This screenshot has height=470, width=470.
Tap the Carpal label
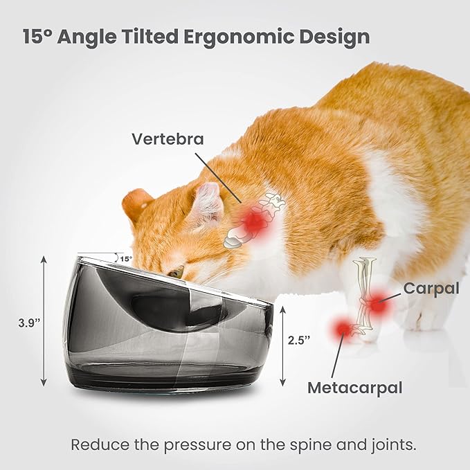(431, 288)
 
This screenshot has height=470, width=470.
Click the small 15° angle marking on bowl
(125, 259)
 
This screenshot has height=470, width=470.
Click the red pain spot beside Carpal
(377, 303)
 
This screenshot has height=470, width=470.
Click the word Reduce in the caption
(95, 444)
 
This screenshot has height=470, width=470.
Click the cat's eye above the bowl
(177, 273)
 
